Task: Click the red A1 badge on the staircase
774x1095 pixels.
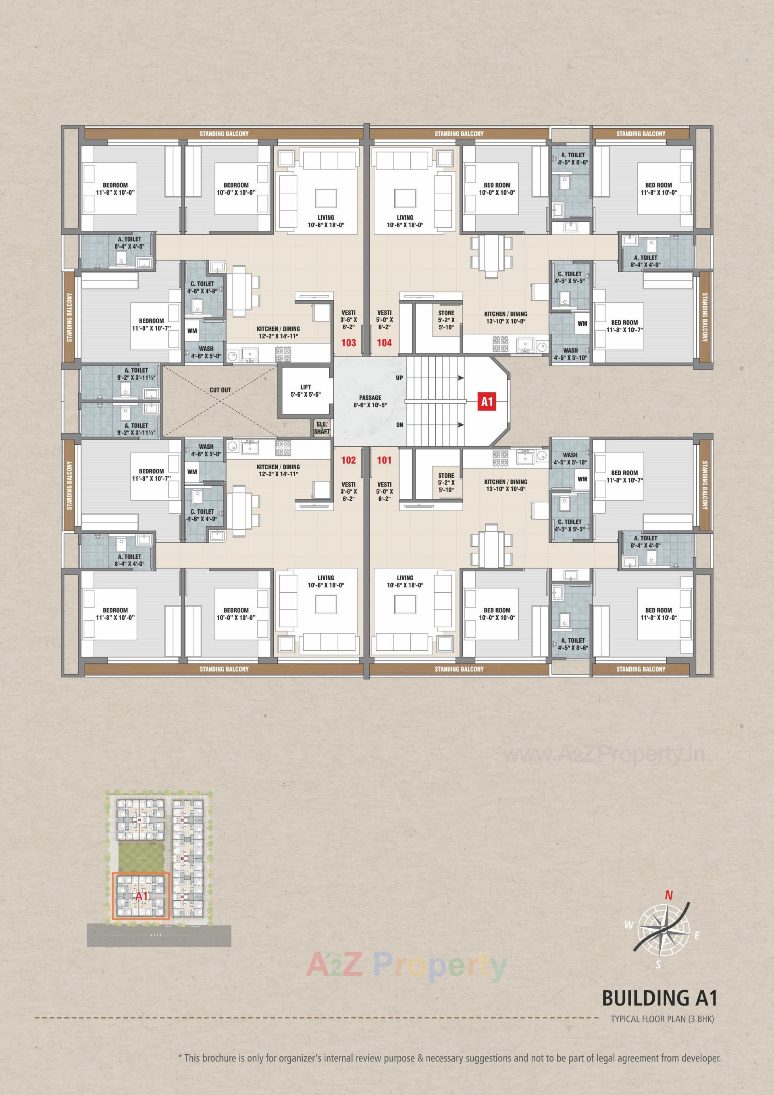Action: [x=487, y=402]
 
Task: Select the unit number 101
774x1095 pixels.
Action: [x=384, y=460]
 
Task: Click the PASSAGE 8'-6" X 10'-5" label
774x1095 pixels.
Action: [x=370, y=401]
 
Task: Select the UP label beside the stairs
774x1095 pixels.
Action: [x=399, y=378]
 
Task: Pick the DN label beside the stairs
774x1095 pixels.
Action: [x=399, y=425]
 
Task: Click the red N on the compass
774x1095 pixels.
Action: [x=669, y=895]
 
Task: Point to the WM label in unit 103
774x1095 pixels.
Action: [x=192, y=330]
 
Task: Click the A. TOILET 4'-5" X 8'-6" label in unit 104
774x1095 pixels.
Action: [x=573, y=158]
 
